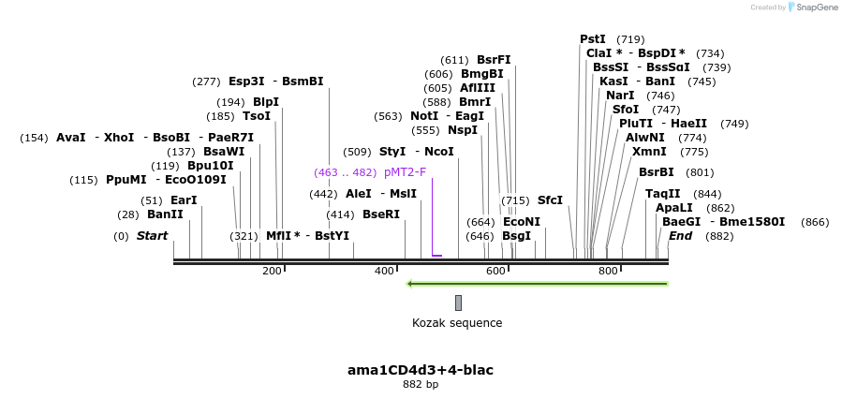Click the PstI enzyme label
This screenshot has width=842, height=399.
(593, 39)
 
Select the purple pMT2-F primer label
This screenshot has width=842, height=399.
(405, 172)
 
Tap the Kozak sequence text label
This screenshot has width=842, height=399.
(457, 323)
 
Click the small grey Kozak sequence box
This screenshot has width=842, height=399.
(458, 303)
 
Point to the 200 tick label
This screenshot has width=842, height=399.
(272, 272)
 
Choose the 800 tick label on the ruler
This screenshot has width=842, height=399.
(608, 272)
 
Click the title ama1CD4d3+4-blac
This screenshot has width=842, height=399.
(420, 370)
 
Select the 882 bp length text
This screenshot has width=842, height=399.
(420, 385)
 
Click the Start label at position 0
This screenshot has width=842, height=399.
(152, 236)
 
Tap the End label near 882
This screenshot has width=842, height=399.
(680, 236)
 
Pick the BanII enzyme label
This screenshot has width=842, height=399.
(165, 214)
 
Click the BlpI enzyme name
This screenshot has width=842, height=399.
(266, 102)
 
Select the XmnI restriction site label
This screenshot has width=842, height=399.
(649, 152)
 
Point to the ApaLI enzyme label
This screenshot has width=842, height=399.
(674, 208)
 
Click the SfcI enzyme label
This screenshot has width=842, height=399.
(550, 200)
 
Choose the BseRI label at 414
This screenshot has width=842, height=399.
(381, 214)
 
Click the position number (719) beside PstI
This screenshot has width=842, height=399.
(630, 39)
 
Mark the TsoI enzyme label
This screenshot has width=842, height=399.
(256, 116)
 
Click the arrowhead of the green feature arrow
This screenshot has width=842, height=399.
(409, 283)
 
